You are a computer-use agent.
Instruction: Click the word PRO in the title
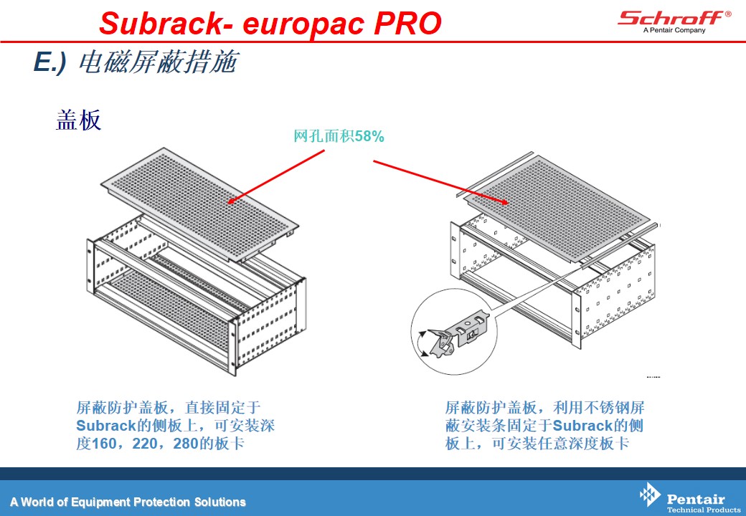click(x=407, y=23)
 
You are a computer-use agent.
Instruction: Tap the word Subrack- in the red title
click(x=166, y=23)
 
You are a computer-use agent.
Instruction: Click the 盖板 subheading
click(x=78, y=120)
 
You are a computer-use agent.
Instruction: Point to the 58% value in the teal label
click(x=369, y=136)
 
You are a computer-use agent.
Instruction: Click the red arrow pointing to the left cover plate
click(x=275, y=177)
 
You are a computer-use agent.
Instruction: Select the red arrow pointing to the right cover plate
click(x=441, y=183)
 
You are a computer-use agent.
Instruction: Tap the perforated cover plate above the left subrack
click(x=200, y=204)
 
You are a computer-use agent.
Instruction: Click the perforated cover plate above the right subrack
click(x=559, y=209)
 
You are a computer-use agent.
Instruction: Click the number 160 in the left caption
click(x=104, y=444)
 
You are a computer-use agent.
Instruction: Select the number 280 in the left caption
click(x=186, y=444)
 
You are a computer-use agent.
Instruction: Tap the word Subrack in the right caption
click(x=582, y=425)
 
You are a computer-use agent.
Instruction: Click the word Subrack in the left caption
click(x=106, y=425)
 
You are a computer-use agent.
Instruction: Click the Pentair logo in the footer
click(x=690, y=498)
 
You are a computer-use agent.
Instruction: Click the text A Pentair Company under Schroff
click(x=674, y=30)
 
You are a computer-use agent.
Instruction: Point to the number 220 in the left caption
click(x=145, y=444)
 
